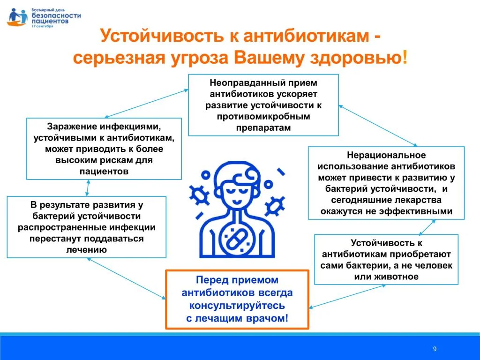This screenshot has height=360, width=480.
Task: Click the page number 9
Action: pyautogui.click(x=435, y=349)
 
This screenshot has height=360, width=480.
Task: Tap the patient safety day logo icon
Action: pyautogui.click(x=17, y=17)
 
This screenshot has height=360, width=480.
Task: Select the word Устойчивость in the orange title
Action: pyautogui.click(x=162, y=36)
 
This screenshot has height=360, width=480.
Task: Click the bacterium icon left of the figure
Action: pyautogui.click(x=199, y=195)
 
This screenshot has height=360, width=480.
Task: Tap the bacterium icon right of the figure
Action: pyautogui.click(x=275, y=206)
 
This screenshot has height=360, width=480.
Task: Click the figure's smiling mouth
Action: pyautogui.click(x=237, y=202)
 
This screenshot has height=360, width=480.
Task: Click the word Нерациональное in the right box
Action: pyautogui.click(x=386, y=155)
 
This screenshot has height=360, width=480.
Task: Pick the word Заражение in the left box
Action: pyautogui.click(x=72, y=127)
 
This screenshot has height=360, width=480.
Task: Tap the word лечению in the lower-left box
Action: pyautogui.click(x=86, y=250)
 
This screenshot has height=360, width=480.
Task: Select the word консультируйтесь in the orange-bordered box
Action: pyautogui.click(x=237, y=306)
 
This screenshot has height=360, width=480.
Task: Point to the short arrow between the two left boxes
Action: pyautogui.click(x=88, y=188)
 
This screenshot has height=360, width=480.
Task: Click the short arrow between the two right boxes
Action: pyautogui.click(x=427, y=227)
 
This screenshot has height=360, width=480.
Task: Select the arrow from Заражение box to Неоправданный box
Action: pyautogui.click(x=146, y=104)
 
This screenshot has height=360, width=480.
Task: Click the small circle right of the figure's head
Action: pyautogui.click(x=269, y=184)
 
